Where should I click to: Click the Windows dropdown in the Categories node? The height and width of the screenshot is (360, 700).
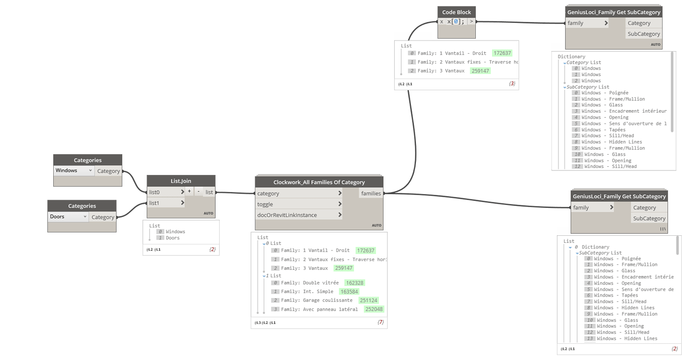(74, 171)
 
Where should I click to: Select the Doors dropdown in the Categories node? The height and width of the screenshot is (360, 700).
(68, 217)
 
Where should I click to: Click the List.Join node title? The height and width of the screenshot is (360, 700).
(181, 181)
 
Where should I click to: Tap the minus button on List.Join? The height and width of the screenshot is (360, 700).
(198, 192)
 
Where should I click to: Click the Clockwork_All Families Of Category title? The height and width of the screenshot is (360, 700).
(319, 182)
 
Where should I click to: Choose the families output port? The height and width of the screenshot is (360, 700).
(371, 193)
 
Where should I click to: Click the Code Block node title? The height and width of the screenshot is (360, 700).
(457, 12)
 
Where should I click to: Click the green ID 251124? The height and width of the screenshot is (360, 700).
(369, 301)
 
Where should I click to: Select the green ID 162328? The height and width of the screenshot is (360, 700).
(355, 283)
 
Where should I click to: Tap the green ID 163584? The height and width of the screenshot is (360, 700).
(349, 292)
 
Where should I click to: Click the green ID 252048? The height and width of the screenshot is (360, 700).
(374, 309)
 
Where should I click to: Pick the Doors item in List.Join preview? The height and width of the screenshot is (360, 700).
(172, 238)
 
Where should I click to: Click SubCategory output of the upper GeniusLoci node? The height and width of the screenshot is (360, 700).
(644, 34)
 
